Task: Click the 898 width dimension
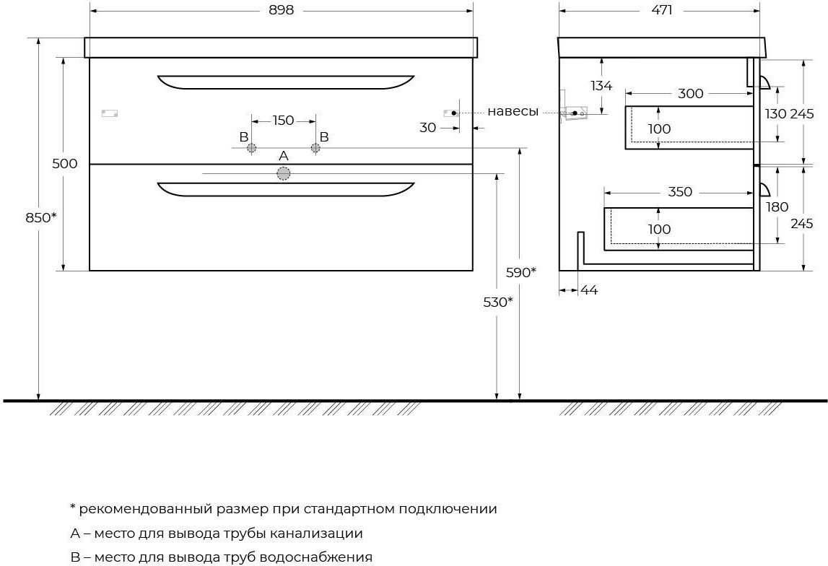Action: click(281, 10)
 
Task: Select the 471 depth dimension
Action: click(662, 10)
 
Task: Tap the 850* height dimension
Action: click(41, 217)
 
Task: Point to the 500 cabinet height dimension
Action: click(65, 164)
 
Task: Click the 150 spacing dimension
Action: click(283, 121)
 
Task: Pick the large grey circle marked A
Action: click(284, 174)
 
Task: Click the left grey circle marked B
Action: click(251, 148)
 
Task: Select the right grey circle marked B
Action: click(315, 148)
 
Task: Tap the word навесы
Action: click(513, 111)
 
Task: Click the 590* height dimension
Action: click(521, 272)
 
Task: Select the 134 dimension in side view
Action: click(601, 85)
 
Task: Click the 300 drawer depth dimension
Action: click(691, 93)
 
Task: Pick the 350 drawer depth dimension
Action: click(680, 191)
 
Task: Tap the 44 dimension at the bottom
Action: click(589, 290)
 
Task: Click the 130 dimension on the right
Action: click(776, 113)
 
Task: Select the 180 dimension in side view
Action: click(777, 206)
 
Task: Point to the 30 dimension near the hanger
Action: click(428, 127)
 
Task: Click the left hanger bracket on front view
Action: click(110, 113)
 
